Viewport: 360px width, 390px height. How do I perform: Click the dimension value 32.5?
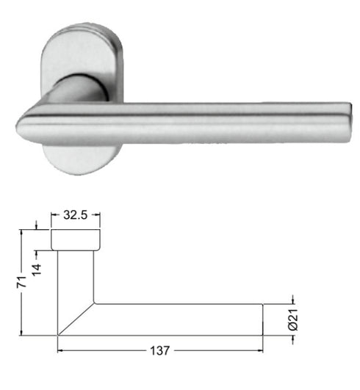(76, 217)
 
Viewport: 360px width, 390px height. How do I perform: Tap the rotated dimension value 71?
(22, 281)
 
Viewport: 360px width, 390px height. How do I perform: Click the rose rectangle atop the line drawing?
(76, 239)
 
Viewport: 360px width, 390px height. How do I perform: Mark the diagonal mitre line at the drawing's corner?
(76, 318)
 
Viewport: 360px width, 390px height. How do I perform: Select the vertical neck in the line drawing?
(76, 275)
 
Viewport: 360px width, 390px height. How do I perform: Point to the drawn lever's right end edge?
(264, 319)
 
